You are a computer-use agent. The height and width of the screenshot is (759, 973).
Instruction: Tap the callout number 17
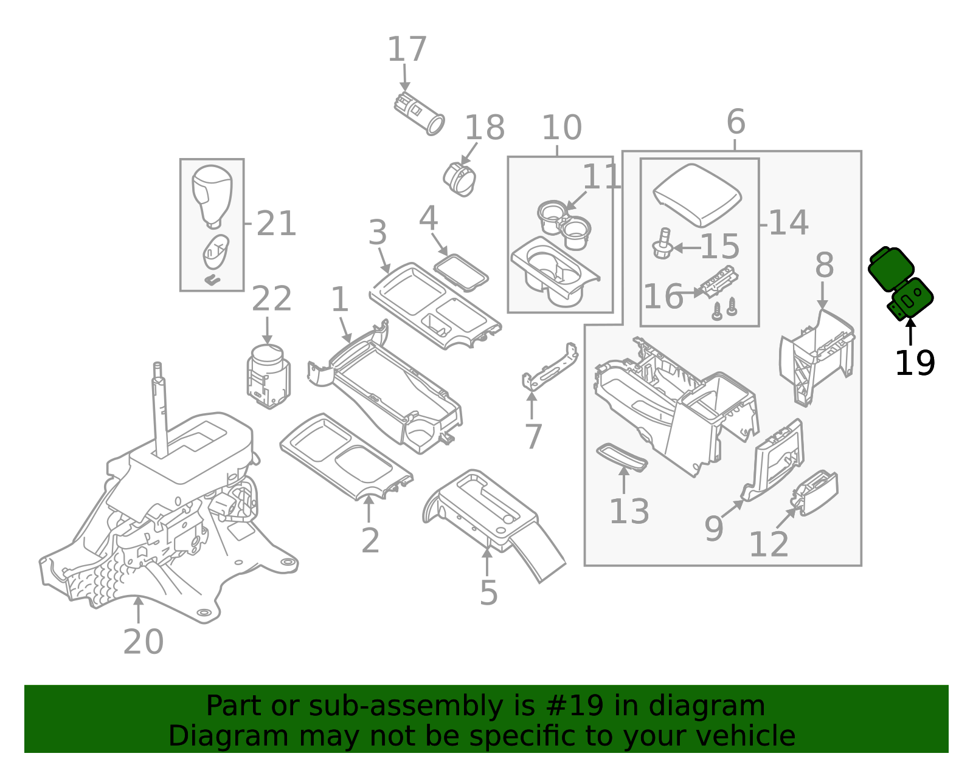pos(407,49)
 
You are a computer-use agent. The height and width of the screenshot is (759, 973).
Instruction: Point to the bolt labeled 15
pos(662,244)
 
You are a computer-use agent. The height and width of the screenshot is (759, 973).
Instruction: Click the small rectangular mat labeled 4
pos(461,272)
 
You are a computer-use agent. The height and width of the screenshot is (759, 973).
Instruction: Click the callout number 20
pos(144,642)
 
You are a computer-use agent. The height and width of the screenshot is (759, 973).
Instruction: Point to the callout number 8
pos(824,266)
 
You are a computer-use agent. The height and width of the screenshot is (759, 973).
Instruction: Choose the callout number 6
pos(735,122)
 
